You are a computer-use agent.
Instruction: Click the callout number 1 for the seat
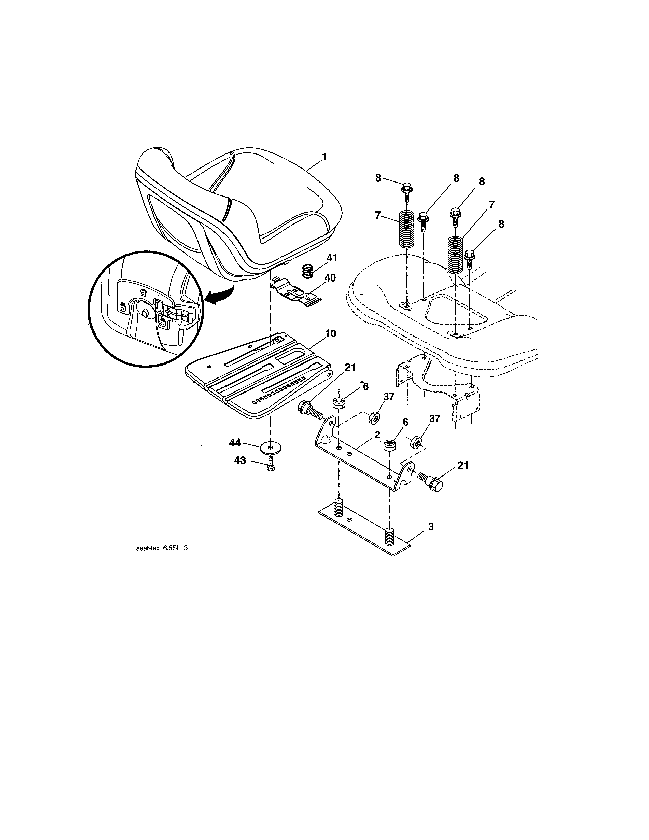coord(324,157)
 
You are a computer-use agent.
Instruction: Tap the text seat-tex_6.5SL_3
coord(162,548)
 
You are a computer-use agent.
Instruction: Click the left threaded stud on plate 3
coord(338,507)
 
